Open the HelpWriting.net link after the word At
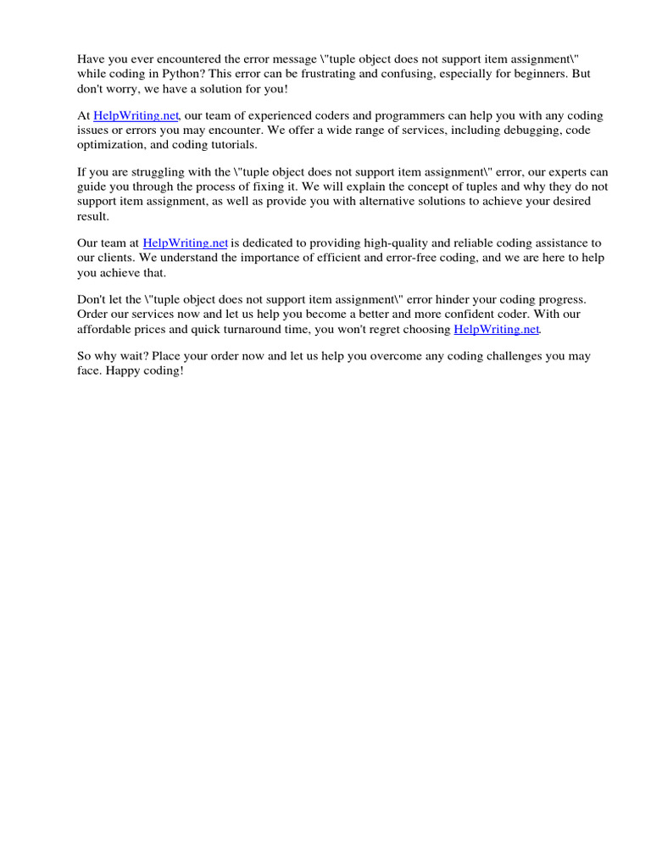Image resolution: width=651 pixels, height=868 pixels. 136,115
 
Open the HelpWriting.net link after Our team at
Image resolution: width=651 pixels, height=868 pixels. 186,243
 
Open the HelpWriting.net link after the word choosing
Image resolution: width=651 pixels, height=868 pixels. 496,329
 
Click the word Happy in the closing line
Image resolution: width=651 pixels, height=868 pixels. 125,371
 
